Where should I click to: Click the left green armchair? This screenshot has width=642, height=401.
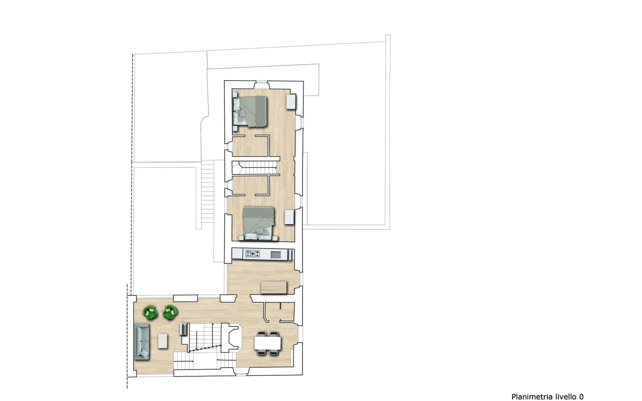(150, 313)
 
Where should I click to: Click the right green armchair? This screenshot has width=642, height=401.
(170, 312)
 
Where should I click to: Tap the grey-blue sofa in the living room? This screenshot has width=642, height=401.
(142, 341)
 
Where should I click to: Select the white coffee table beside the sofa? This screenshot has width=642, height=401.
(163, 341)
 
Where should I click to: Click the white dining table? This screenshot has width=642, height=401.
(267, 343)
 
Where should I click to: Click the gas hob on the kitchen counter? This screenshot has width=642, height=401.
(252, 254)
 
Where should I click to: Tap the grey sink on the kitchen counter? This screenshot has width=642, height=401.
(276, 254)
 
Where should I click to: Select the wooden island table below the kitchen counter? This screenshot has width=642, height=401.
(274, 287)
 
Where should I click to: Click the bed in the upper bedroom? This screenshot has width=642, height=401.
(250, 112)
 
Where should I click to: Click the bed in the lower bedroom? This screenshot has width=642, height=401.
(259, 223)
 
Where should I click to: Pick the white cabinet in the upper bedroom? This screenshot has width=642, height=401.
(291, 102)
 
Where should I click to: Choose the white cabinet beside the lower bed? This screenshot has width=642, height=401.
(289, 217)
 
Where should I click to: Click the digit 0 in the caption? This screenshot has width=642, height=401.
(581, 397)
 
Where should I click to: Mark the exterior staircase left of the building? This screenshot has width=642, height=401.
(208, 191)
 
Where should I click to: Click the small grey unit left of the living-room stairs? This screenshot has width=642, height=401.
(184, 329)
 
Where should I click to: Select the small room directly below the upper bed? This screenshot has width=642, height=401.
(250, 146)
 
